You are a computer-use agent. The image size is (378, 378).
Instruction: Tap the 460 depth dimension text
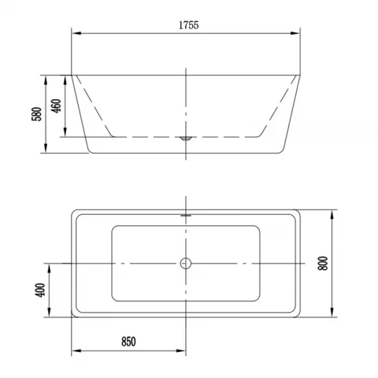coord(57,106)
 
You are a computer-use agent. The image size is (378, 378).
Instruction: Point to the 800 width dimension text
coord(322,264)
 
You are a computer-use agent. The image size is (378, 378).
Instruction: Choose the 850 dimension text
coord(128,341)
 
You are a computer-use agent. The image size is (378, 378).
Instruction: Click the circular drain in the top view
coord(186,263)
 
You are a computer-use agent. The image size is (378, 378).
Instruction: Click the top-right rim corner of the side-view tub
coord(302,76)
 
